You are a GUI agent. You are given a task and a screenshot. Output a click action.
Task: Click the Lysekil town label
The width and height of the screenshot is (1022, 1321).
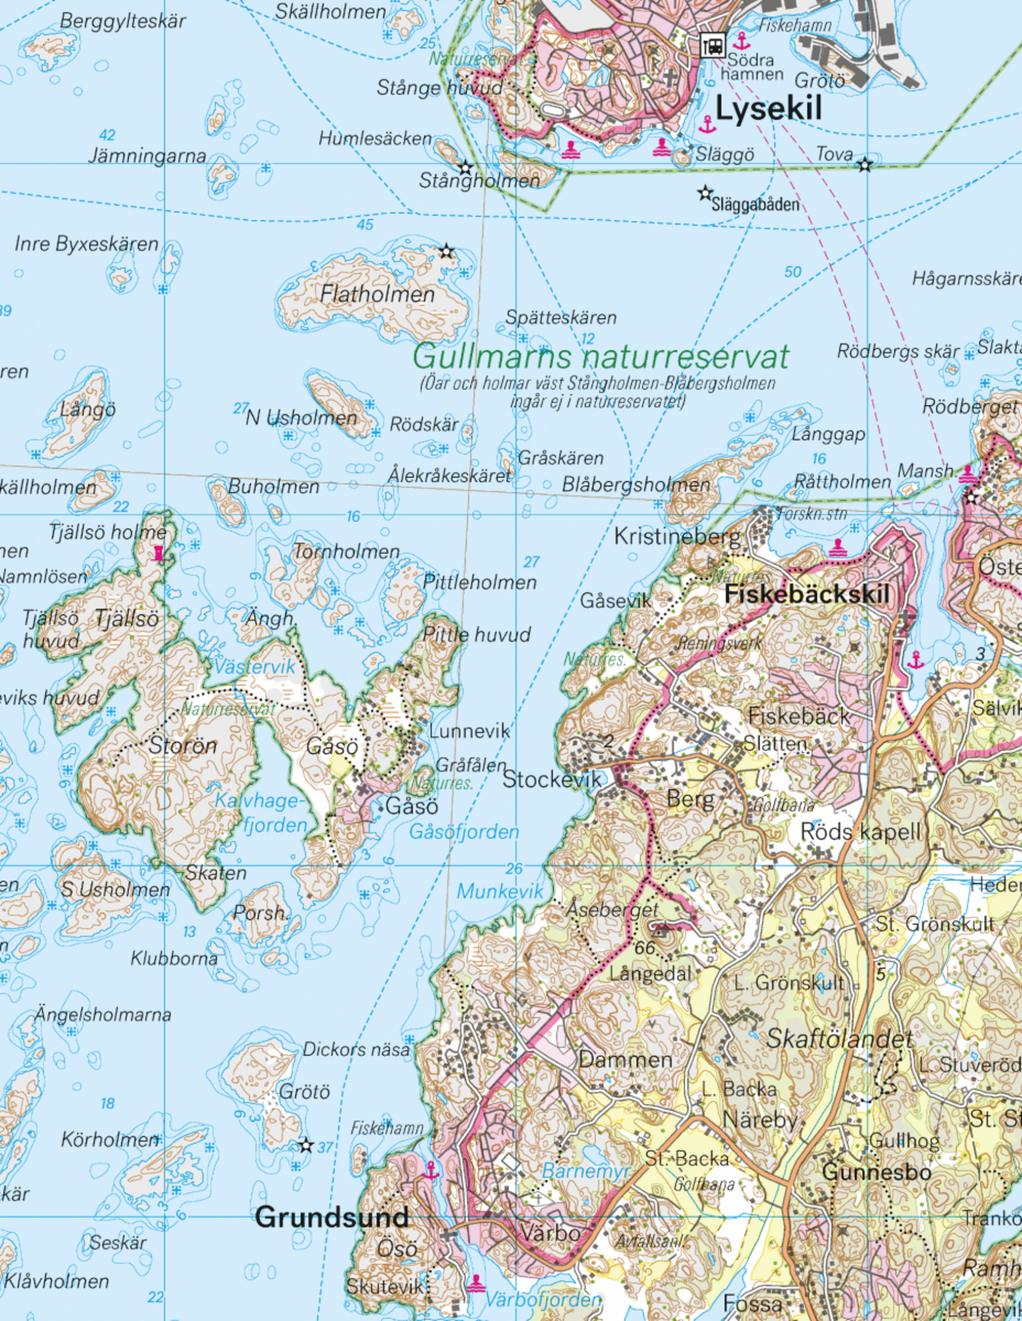768,109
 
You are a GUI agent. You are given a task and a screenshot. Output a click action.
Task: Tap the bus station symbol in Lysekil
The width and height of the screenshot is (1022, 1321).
713,45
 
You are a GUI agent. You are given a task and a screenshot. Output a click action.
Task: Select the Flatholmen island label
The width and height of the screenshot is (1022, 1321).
377,294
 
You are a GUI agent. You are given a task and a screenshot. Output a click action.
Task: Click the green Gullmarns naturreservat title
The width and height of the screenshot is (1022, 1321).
601,357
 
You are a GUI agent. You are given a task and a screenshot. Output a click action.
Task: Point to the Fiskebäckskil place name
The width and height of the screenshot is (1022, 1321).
807,595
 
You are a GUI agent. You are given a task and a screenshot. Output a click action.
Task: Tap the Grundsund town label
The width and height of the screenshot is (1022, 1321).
332,1216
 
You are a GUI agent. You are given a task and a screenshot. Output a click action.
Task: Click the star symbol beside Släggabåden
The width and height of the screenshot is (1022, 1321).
704,194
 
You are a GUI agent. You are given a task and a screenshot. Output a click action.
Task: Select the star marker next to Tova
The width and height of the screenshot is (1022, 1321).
865,164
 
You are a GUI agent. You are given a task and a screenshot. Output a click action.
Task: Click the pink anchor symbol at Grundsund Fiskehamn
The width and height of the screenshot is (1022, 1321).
431,1170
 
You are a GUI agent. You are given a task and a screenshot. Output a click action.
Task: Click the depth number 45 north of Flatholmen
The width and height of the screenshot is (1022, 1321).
365,225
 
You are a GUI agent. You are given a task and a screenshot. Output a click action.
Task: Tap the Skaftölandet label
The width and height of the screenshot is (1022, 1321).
840,1039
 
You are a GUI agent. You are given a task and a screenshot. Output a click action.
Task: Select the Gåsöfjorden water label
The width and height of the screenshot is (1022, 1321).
464,832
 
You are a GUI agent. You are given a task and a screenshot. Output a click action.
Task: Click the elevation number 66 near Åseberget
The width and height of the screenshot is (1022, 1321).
645,948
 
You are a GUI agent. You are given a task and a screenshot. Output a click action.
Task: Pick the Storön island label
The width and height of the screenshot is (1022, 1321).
183,746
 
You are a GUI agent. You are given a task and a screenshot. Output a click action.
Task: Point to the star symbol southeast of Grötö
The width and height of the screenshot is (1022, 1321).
306,1145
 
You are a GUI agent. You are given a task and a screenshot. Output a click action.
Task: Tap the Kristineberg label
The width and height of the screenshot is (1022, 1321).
677,536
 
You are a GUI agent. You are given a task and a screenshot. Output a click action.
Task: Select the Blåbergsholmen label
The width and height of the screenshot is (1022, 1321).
636,485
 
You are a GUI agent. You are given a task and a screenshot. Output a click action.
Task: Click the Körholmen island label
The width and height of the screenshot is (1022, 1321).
110,1140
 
